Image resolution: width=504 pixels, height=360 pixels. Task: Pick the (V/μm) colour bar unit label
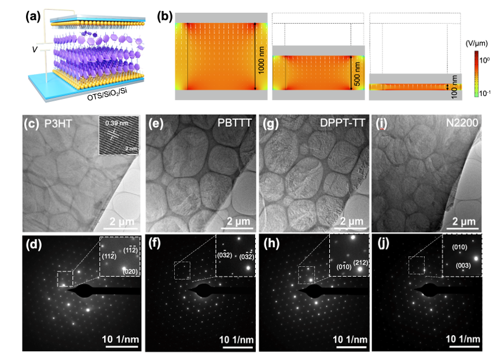(479, 43)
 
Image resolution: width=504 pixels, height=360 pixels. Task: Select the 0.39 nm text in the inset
(113, 123)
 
